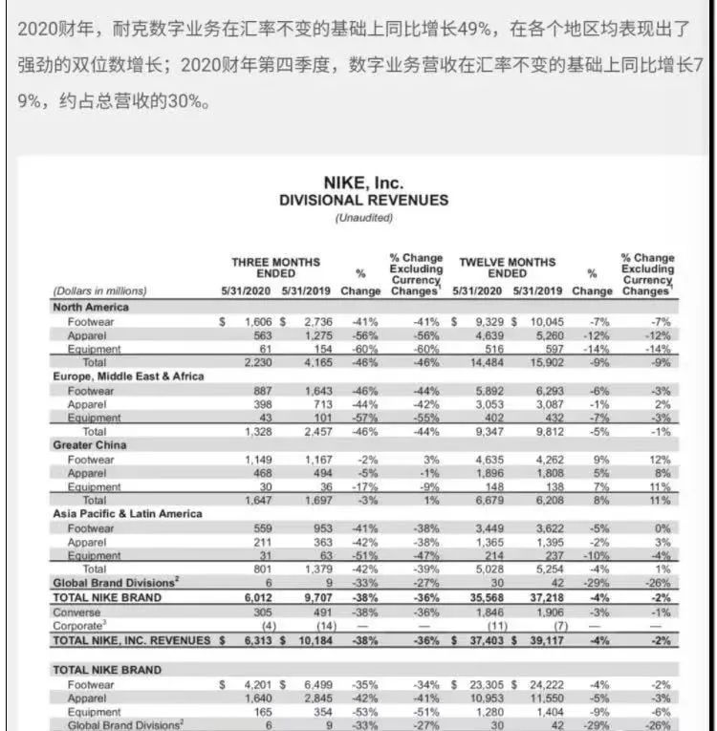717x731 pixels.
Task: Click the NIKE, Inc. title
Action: point(363,183)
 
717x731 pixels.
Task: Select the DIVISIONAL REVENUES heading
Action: point(363,200)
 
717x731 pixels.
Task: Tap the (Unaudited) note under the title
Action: point(363,218)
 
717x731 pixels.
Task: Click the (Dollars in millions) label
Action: point(101,290)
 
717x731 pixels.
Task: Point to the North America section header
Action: point(92,307)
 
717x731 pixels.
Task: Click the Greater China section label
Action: point(91,444)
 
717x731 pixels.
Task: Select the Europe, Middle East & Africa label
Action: point(128,376)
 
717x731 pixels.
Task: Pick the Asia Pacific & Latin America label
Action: point(127,513)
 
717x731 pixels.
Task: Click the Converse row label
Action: point(77,612)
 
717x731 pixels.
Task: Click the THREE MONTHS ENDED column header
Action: point(276,268)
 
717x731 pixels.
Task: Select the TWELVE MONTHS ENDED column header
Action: point(507,268)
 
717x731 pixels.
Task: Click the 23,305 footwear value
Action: point(484,684)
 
